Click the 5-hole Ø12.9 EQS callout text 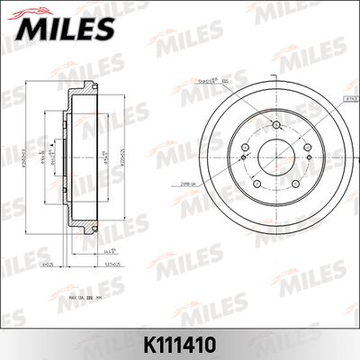[x=212, y=80]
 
